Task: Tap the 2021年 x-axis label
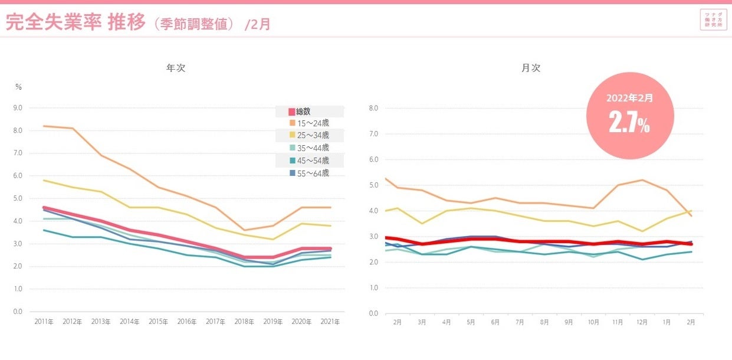(x=330, y=322)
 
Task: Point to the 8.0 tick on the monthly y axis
(x=373, y=108)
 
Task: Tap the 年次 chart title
(x=176, y=68)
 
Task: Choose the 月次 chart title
(x=531, y=68)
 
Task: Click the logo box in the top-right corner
(x=713, y=20)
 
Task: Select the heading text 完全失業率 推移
(x=75, y=22)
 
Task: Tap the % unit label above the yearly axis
(x=18, y=87)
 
